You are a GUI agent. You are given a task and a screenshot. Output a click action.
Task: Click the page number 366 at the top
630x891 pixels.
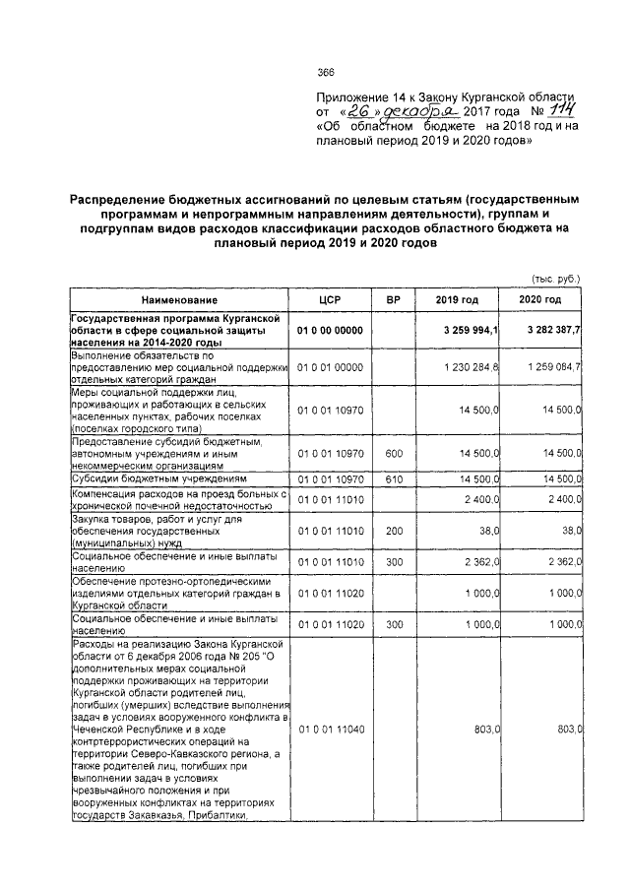pos(326,70)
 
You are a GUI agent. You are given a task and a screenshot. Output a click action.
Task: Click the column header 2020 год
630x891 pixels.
pos(541,298)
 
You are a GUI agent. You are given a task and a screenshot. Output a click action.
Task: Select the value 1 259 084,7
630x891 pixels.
pos(547,366)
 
